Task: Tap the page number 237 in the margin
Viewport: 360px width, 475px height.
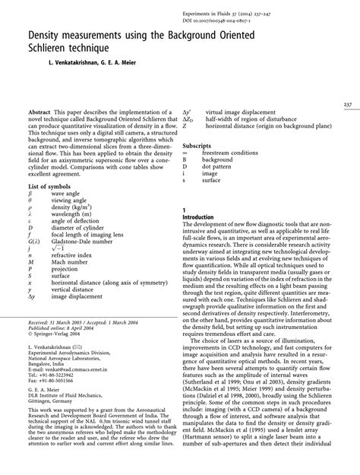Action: (347, 104)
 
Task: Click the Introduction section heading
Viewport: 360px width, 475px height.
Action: (205, 217)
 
